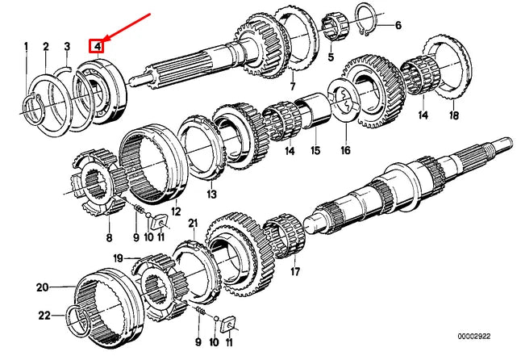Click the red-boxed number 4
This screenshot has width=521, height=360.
tap(98, 47)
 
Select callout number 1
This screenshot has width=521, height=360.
tap(26, 47)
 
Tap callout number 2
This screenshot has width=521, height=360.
tap(46, 47)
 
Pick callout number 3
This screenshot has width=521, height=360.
tap(67, 47)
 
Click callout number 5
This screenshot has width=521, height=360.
tap(330, 59)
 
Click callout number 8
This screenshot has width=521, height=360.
tap(110, 237)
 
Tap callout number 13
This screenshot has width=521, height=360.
tap(211, 195)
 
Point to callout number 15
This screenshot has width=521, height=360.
tap(315, 150)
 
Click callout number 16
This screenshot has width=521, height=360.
tap(345, 150)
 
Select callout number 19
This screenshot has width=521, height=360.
tap(118, 258)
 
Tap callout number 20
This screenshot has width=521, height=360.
tap(42, 287)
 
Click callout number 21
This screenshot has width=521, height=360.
tap(192, 222)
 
